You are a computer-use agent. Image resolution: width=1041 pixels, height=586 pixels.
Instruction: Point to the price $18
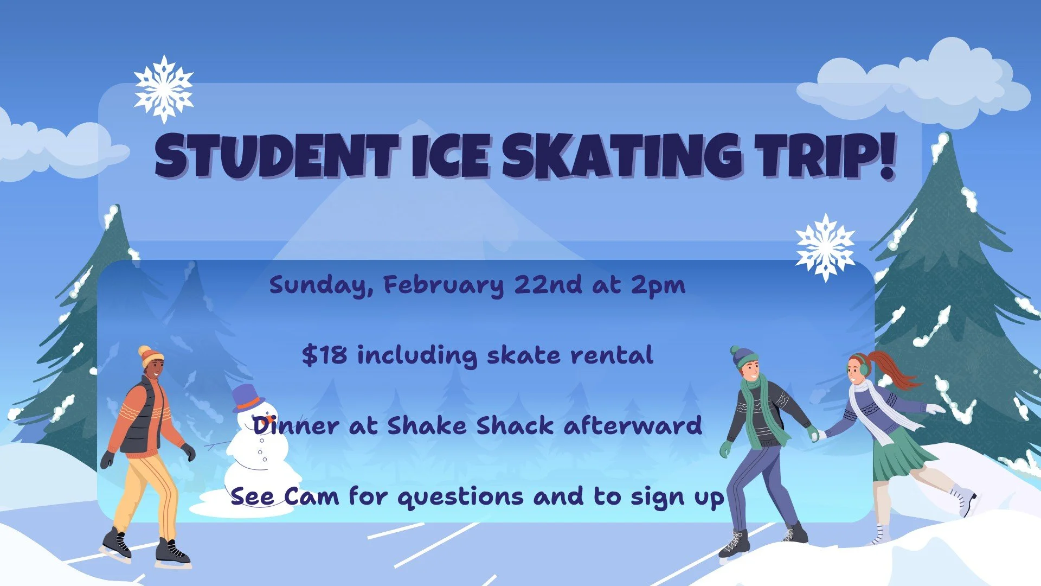coord(324,355)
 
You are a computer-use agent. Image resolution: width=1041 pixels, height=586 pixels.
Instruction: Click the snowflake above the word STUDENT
coord(164,89)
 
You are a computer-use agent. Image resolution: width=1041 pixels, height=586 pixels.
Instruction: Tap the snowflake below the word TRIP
coord(825,247)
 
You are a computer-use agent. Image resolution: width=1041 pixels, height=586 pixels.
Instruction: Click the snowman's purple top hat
coord(247,397)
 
